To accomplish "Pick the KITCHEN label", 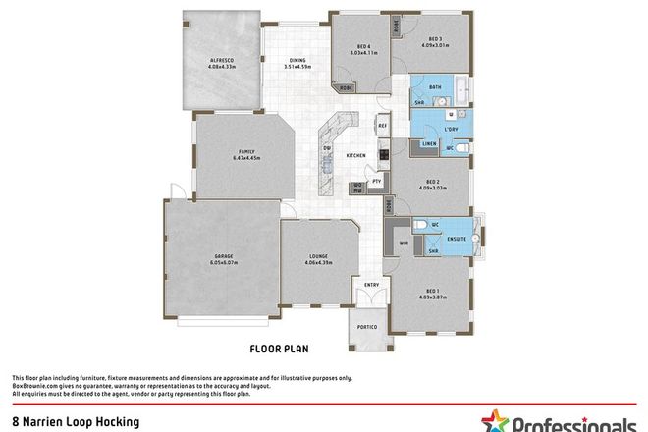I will coord(355,156).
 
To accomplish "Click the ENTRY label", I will coord(371,286).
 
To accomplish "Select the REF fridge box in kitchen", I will coord(384,126).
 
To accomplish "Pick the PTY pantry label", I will coord(376,182).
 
